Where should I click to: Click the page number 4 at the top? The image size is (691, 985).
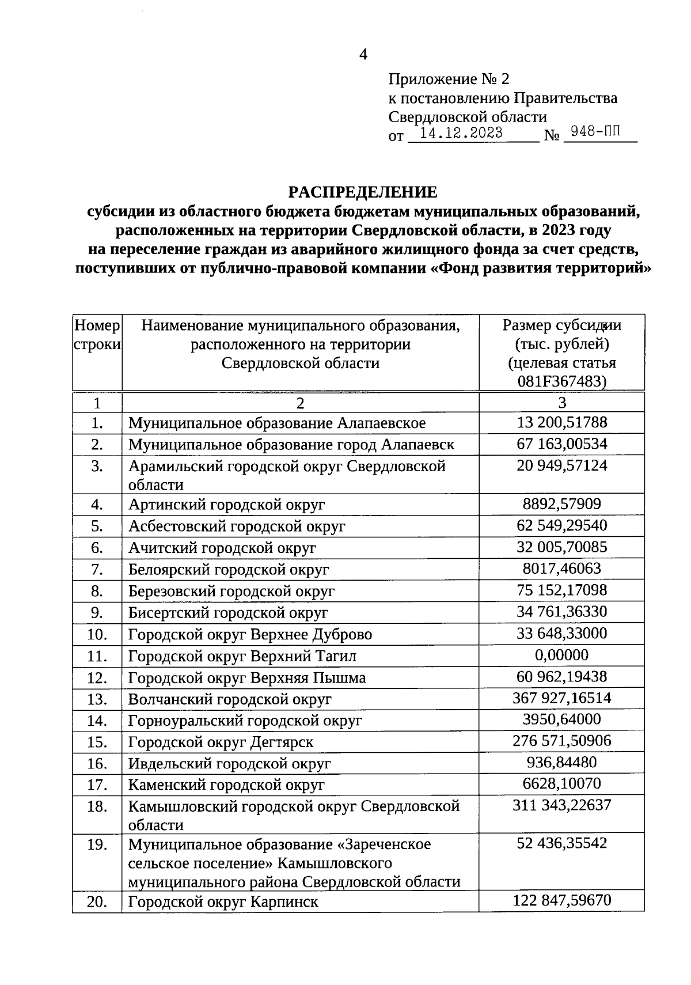(363, 55)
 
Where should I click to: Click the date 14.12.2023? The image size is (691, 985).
(461, 134)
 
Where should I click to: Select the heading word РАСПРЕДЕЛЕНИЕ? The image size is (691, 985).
(362, 192)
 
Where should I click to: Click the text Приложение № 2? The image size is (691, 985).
(449, 79)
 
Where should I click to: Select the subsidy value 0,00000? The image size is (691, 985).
(561, 655)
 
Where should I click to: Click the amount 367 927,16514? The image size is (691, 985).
(561, 698)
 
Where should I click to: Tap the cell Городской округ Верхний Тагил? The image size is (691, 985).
(242, 656)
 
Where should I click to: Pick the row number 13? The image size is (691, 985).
(97, 699)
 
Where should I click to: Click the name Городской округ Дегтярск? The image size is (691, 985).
(221, 742)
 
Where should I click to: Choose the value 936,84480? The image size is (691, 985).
(561, 763)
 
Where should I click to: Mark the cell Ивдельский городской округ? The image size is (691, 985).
(229, 764)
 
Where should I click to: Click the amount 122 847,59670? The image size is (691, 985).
(561, 900)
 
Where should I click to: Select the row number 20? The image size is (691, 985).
(97, 902)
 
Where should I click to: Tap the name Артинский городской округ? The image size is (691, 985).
(226, 505)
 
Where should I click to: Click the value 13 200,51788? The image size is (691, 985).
(561, 423)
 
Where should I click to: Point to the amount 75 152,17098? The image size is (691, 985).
(561, 590)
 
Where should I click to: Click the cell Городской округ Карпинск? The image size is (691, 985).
(223, 902)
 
